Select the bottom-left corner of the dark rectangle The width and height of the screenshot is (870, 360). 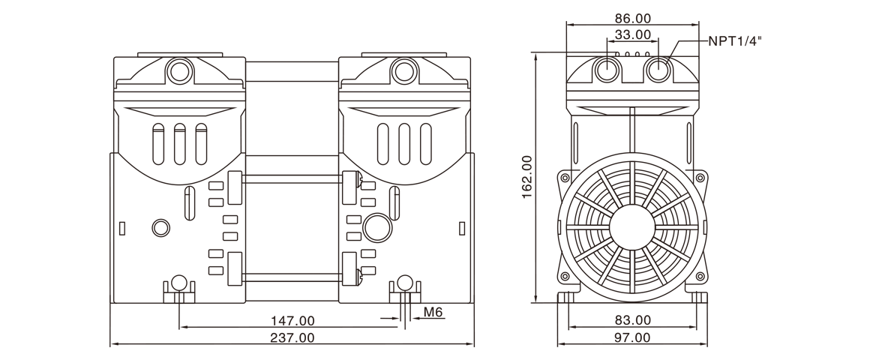coord(110,346)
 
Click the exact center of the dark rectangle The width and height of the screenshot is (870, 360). coord(435,180)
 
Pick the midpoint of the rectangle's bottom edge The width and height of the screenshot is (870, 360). coord(435,346)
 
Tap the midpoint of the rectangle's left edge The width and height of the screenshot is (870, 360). coord(110,180)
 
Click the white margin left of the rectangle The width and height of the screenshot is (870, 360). coord(55,180)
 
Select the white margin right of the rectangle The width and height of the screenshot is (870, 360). coord(815,180)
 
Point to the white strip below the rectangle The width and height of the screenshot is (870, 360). coord(435,353)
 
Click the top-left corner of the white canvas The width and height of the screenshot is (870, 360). coord(1,1)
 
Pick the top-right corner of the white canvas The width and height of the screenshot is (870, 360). coord(868,1)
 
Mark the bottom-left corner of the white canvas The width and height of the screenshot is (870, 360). coord(1,358)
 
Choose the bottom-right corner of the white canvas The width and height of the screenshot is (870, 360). coord(868,358)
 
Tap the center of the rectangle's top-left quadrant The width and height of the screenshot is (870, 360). coord(272,97)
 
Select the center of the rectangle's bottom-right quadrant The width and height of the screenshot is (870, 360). coord(598,263)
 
